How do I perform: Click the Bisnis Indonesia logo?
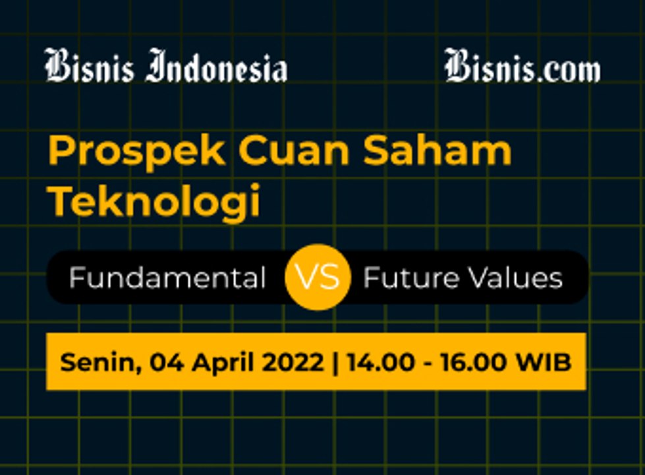click(x=165, y=67)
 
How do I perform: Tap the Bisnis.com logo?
click(x=522, y=67)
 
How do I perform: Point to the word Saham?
click(x=437, y=151)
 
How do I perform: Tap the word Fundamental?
click(x=167, y=278)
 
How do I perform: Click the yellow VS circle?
click(x=317, y=278)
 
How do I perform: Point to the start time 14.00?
click(x=378, y=362)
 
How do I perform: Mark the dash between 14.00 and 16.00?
click(x=423, y=363)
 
